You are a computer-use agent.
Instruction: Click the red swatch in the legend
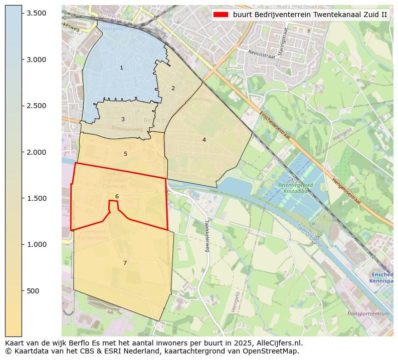221,15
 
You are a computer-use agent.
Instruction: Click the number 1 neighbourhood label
121,68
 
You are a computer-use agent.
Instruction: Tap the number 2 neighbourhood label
173,88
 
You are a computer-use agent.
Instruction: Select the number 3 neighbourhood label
123,119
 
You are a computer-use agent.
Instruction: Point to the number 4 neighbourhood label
204,140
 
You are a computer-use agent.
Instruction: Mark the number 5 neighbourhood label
125,154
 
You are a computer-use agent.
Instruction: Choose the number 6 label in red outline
117,196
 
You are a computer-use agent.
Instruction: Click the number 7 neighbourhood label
125,263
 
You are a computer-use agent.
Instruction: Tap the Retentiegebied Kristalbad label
295,188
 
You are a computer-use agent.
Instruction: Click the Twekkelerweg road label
206,236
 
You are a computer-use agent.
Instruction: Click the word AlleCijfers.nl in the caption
278,343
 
